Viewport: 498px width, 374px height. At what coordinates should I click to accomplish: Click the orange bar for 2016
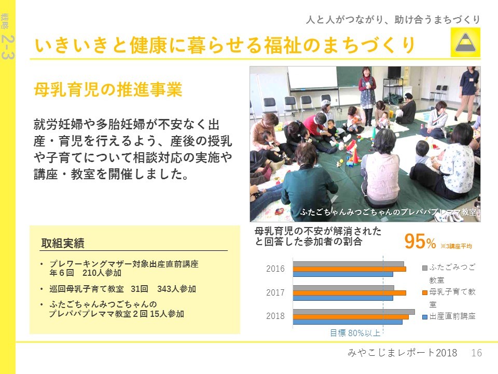(x=349, y=269)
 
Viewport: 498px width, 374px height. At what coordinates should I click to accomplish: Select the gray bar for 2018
(x=354, y=312)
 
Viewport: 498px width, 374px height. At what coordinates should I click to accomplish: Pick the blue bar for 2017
(x=343, y=298)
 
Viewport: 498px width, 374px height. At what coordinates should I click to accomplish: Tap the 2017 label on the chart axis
(x=275, y=292)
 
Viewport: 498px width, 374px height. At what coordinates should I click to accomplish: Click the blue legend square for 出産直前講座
(x=425, y=317)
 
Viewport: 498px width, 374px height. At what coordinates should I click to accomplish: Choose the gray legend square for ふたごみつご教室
(x=425, y=268)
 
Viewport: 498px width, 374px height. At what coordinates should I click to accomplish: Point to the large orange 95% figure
(x=420, y=242)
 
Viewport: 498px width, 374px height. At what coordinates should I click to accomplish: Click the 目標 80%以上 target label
(x=355, y=333)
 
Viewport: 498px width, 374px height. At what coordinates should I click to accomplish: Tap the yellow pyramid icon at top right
(x=465, y=42)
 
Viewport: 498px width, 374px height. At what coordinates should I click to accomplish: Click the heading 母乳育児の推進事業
(x=108, y=89)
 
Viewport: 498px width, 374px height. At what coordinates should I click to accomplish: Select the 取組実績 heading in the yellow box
(x=63, y=243)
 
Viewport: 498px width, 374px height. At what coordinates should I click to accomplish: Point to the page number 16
(x=476, y=353)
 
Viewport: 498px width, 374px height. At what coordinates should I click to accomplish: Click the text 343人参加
(x=176, y=289)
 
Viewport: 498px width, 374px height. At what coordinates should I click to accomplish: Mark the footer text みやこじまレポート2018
(x=403, y=353)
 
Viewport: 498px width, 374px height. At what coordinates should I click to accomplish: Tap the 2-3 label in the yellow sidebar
(x=8, y=47)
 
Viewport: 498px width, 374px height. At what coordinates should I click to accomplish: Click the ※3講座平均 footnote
(x=456, y=246)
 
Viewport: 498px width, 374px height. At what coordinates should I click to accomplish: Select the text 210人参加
(x=102, y=273)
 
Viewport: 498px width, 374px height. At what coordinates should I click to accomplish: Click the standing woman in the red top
(x=367, y=96)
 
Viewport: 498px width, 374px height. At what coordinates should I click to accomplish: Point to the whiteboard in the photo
(x=312, y=78)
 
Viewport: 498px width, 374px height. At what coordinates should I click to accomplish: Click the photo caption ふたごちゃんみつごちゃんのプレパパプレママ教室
(x=389, y=212)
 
